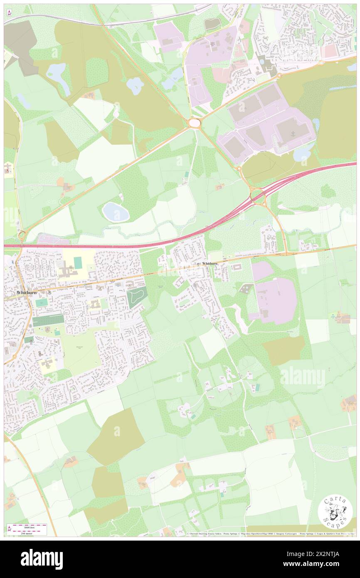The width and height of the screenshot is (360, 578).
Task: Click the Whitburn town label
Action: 27,293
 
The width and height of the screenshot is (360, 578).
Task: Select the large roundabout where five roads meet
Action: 194,123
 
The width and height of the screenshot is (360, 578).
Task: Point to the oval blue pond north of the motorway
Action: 116,212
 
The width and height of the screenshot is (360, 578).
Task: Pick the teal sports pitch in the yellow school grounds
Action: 78,262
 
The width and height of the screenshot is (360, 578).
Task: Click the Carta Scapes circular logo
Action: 335,512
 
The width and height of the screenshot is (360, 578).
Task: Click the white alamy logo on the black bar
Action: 42,559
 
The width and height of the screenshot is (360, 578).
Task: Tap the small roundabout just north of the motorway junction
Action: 239,169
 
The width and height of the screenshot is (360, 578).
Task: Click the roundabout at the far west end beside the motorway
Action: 22,236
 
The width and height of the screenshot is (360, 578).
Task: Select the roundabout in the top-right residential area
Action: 321,63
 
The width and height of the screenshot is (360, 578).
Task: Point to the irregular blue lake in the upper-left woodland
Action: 58,77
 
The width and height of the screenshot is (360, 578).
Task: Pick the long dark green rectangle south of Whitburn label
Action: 48,320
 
